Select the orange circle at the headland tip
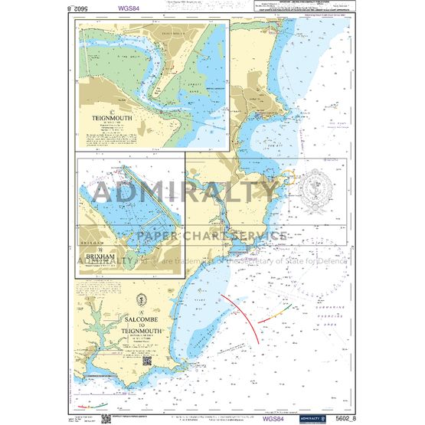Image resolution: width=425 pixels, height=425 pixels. coord(289,178)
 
